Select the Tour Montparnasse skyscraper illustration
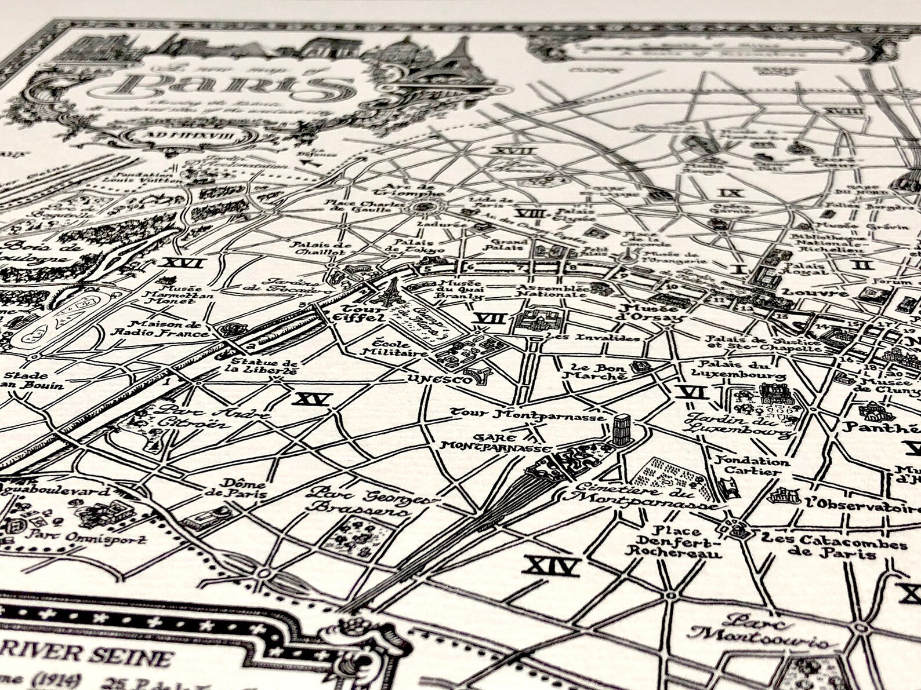[621, 429]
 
